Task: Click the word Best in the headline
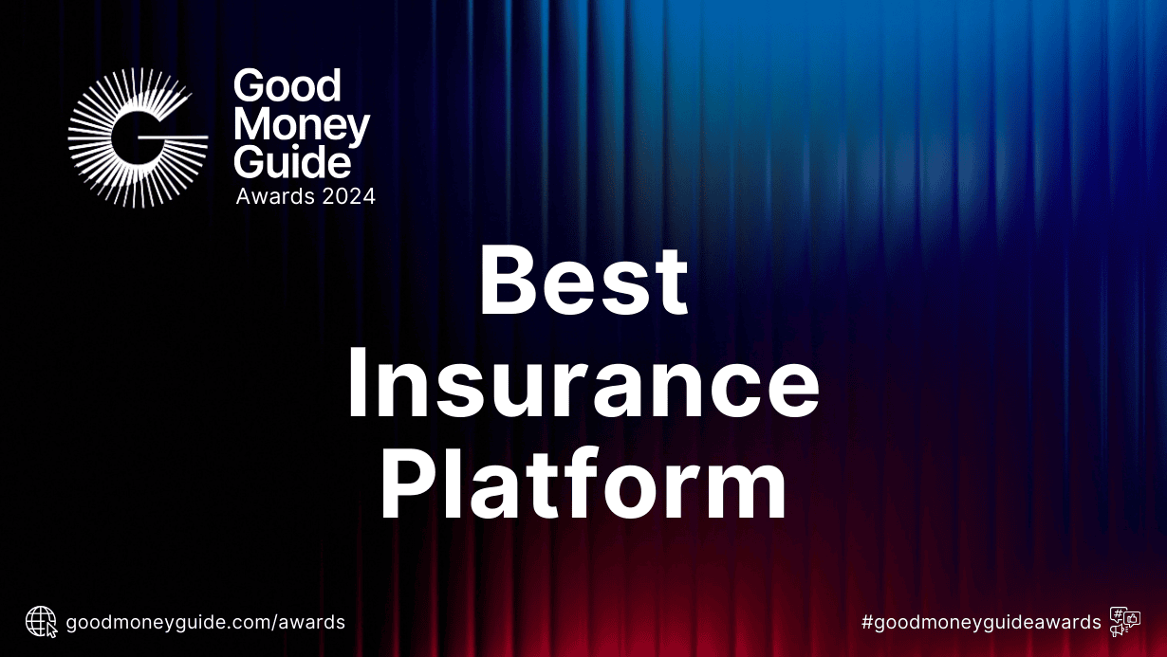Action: click(583, 282)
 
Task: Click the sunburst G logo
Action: click(138, 138)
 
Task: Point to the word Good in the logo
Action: click(287, 86)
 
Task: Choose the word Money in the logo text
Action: click(302, 125)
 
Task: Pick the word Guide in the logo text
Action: click(292, 161)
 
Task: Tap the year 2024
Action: click(347, 196)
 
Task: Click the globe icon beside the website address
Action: click(41, 622)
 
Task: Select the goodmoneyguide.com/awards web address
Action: click(205, 623)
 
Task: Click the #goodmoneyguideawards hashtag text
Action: click(981, 623)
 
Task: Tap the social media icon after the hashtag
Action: click(1124, 621)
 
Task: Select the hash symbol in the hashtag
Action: click(867, 623)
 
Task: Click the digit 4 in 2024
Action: click(368, 196)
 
